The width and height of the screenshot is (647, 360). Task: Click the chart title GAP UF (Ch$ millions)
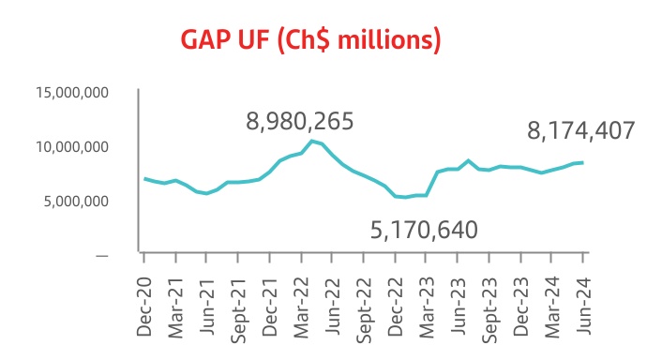[x=310, y=40]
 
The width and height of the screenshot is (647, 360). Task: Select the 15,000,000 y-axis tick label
[x=72, y=93]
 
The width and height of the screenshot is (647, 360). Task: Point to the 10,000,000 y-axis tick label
[x=72, y=147]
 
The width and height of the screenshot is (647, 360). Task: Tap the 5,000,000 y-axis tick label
[x=76, y=201]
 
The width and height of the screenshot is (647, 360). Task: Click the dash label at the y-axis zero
[x=101, y=255]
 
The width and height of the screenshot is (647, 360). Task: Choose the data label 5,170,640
[x=424, y=229]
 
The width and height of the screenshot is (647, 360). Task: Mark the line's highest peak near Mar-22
[x=311, y=141]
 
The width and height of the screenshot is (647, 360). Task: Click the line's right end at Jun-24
[x=583, y=162]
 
